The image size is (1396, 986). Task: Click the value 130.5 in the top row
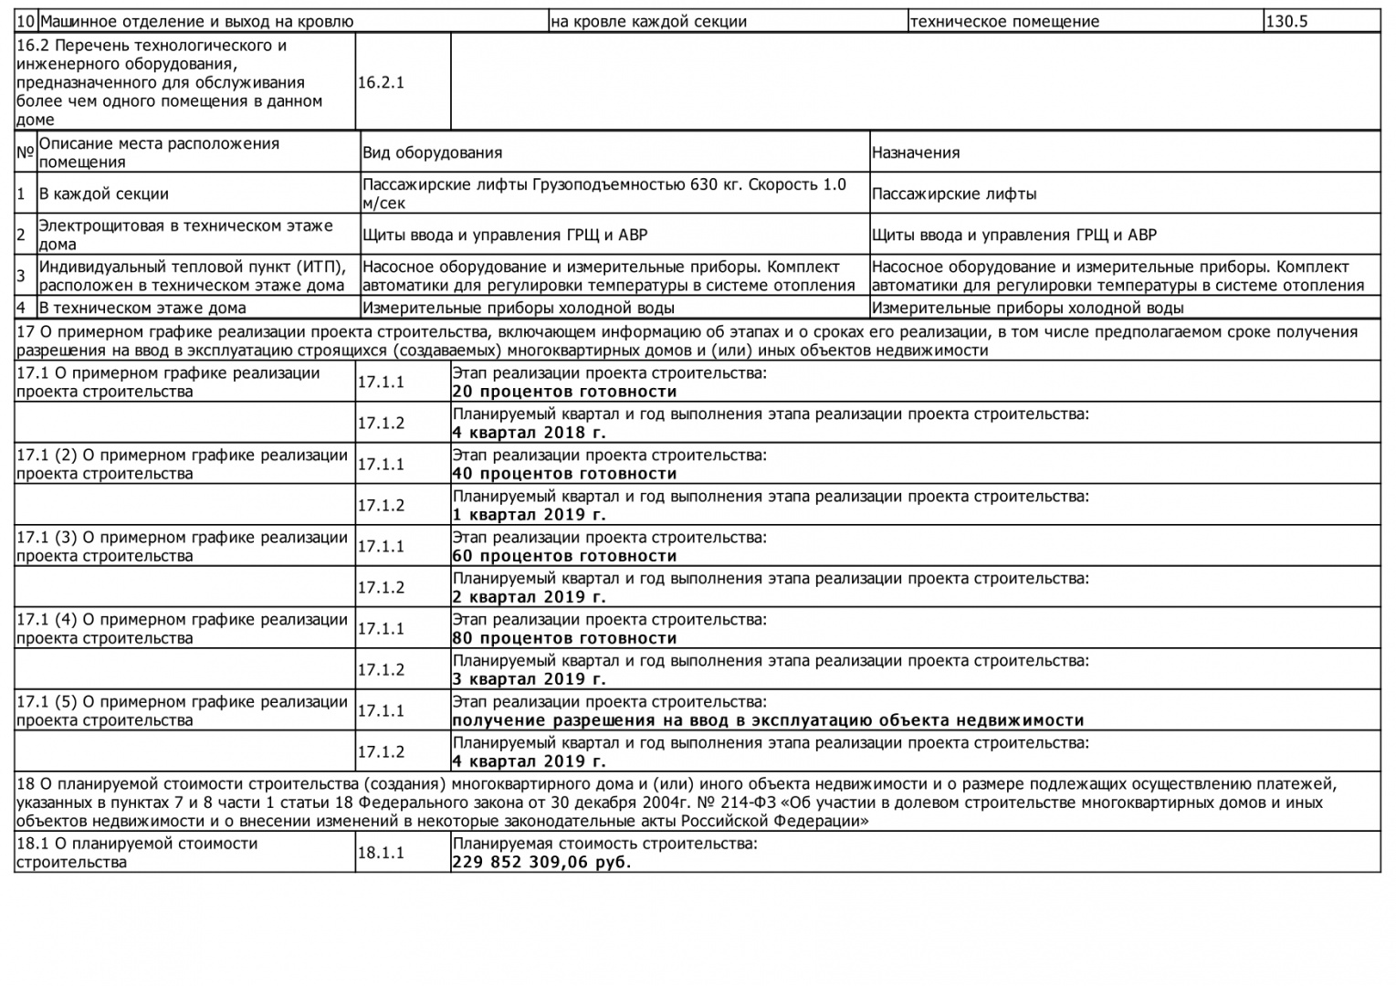[1287, 22]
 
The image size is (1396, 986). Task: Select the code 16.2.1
[381, 83]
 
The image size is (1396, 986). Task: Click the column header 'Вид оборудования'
[432, 153]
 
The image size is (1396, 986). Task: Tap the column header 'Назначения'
[915, 153]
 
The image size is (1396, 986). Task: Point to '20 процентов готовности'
[564, 392]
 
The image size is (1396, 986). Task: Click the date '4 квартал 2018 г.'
[529, 433]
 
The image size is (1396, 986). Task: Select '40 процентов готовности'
[564, 474]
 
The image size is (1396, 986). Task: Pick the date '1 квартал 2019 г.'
[529, 515]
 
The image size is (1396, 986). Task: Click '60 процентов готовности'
[564, 556]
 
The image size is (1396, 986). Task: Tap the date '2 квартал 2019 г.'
[529, 597]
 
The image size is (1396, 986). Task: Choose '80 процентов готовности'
[564, 638]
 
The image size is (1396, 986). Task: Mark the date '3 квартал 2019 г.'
[529, 679]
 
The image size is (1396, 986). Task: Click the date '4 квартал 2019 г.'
[529, 761]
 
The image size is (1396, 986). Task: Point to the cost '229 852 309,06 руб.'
[541, 862]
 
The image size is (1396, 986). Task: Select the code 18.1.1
[381, 853]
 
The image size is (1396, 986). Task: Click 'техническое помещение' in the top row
[1004, 22]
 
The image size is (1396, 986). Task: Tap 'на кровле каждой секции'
[648, 22]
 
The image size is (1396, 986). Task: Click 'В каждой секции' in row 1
[103, 194]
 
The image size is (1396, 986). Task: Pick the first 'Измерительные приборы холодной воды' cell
[519, 309]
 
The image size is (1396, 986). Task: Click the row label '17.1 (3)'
[47, 538]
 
